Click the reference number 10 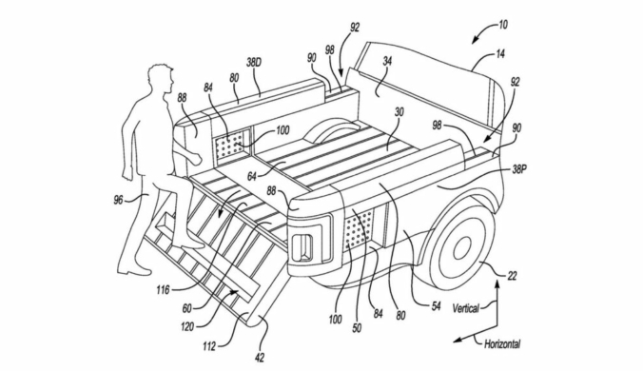[x=502, y=25]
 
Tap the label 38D [x=254, y=63]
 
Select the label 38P [x=518, y=169]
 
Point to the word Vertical [x=465, y=308]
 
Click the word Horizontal [x=503, y=343]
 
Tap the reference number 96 [x=119, y=201]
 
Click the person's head [x=160, y=80]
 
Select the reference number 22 [x=512, y=276]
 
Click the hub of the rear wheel [x=461, y=247]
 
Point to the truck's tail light [x=303, y=246]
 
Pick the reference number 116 [x=163, y=290]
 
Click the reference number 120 [x=187, y=326]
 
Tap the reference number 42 [x=260, y=358]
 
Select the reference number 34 [x=387, y=61]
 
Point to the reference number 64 [x=252, y=177]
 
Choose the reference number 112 [x=208, y=347]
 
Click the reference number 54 [x=435, y=305]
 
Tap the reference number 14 [x=500, y=53]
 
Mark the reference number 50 [x=357, y=328]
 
